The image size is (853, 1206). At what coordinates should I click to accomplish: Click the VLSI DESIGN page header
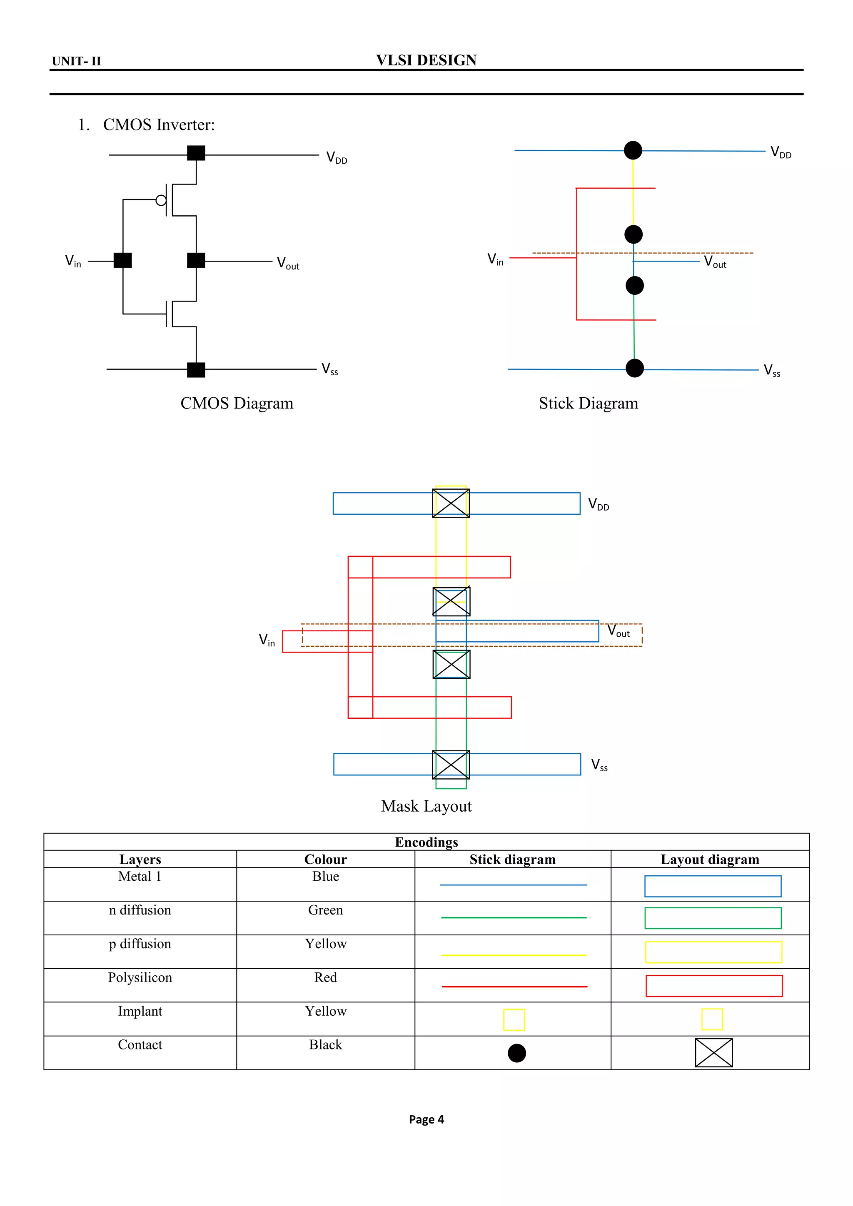pyautogui.click(x=426, y=60)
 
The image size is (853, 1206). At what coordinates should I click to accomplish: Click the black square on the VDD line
pyautogui.click(x=196, y=153)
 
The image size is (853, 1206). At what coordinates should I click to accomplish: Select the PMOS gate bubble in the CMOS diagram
pyautogui.click(x=161, y=200)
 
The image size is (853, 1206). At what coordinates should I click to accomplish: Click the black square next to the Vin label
pyautogui.click(x=123, y=260)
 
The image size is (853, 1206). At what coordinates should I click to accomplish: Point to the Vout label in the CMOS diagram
pyautogui.click(x=288, y=263)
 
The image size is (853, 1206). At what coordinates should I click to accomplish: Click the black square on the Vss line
pyautogui.click(x=196, y=370)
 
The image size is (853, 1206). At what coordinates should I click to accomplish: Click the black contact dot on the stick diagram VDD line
pyautogui.click(x=633, y=150)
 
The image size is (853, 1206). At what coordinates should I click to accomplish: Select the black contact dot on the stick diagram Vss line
pyautogui.click(x=634, y=368)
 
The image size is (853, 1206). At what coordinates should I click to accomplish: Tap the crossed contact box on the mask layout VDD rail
pyautogui.click(x=451, y=503)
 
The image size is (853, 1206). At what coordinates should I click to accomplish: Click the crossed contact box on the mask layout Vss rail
pyautogui.click(x=451, y=764)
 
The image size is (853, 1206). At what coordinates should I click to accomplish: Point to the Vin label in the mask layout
pyautogui.click(x=267, y=640)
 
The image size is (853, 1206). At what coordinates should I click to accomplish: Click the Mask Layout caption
pyautogui.click(x=426, y=806)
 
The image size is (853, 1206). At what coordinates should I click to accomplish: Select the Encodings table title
pyautogui.click(x=426, y=842)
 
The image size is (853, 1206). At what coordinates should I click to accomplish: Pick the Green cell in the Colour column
pyautogui.click(x=325, y=910)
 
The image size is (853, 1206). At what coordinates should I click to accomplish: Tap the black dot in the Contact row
pyautogui.click(x=517, y=1053)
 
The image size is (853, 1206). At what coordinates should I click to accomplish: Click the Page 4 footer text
pyautogui.click(x=426, y=1119)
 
